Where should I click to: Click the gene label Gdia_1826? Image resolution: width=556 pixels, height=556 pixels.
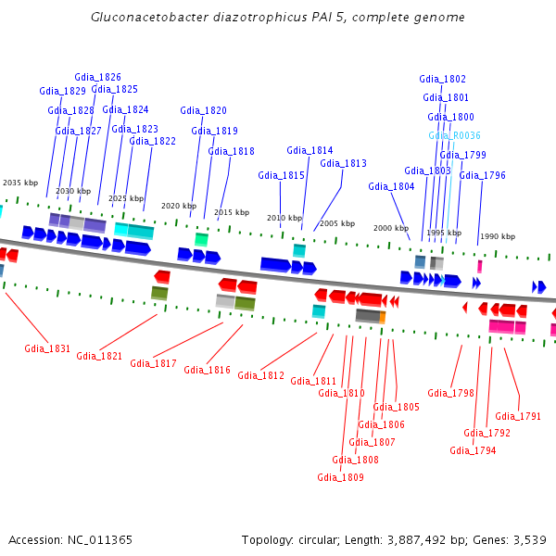point(97,77)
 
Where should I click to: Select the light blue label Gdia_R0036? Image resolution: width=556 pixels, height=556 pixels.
point(454,135)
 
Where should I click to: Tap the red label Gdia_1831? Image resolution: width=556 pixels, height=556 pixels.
point(47,348)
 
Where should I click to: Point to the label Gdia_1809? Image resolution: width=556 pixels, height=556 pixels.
point(340,477)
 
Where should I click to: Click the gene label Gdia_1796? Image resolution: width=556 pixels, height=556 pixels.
point(482,175)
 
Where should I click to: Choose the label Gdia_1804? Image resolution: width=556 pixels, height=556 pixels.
point(391,186)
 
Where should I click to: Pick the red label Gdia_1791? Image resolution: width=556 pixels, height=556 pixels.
point(518,416)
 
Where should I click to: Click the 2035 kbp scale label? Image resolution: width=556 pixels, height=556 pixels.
point(20,183)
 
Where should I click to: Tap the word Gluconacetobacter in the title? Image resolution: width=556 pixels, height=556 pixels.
point(146,18)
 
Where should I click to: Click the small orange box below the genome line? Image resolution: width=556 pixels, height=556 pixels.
point(382,317)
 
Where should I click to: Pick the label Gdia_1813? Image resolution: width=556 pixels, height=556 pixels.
point(343,163)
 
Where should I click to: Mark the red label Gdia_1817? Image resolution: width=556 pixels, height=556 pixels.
point(153,363)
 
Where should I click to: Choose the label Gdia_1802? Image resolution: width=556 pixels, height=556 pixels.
point(442,79)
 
